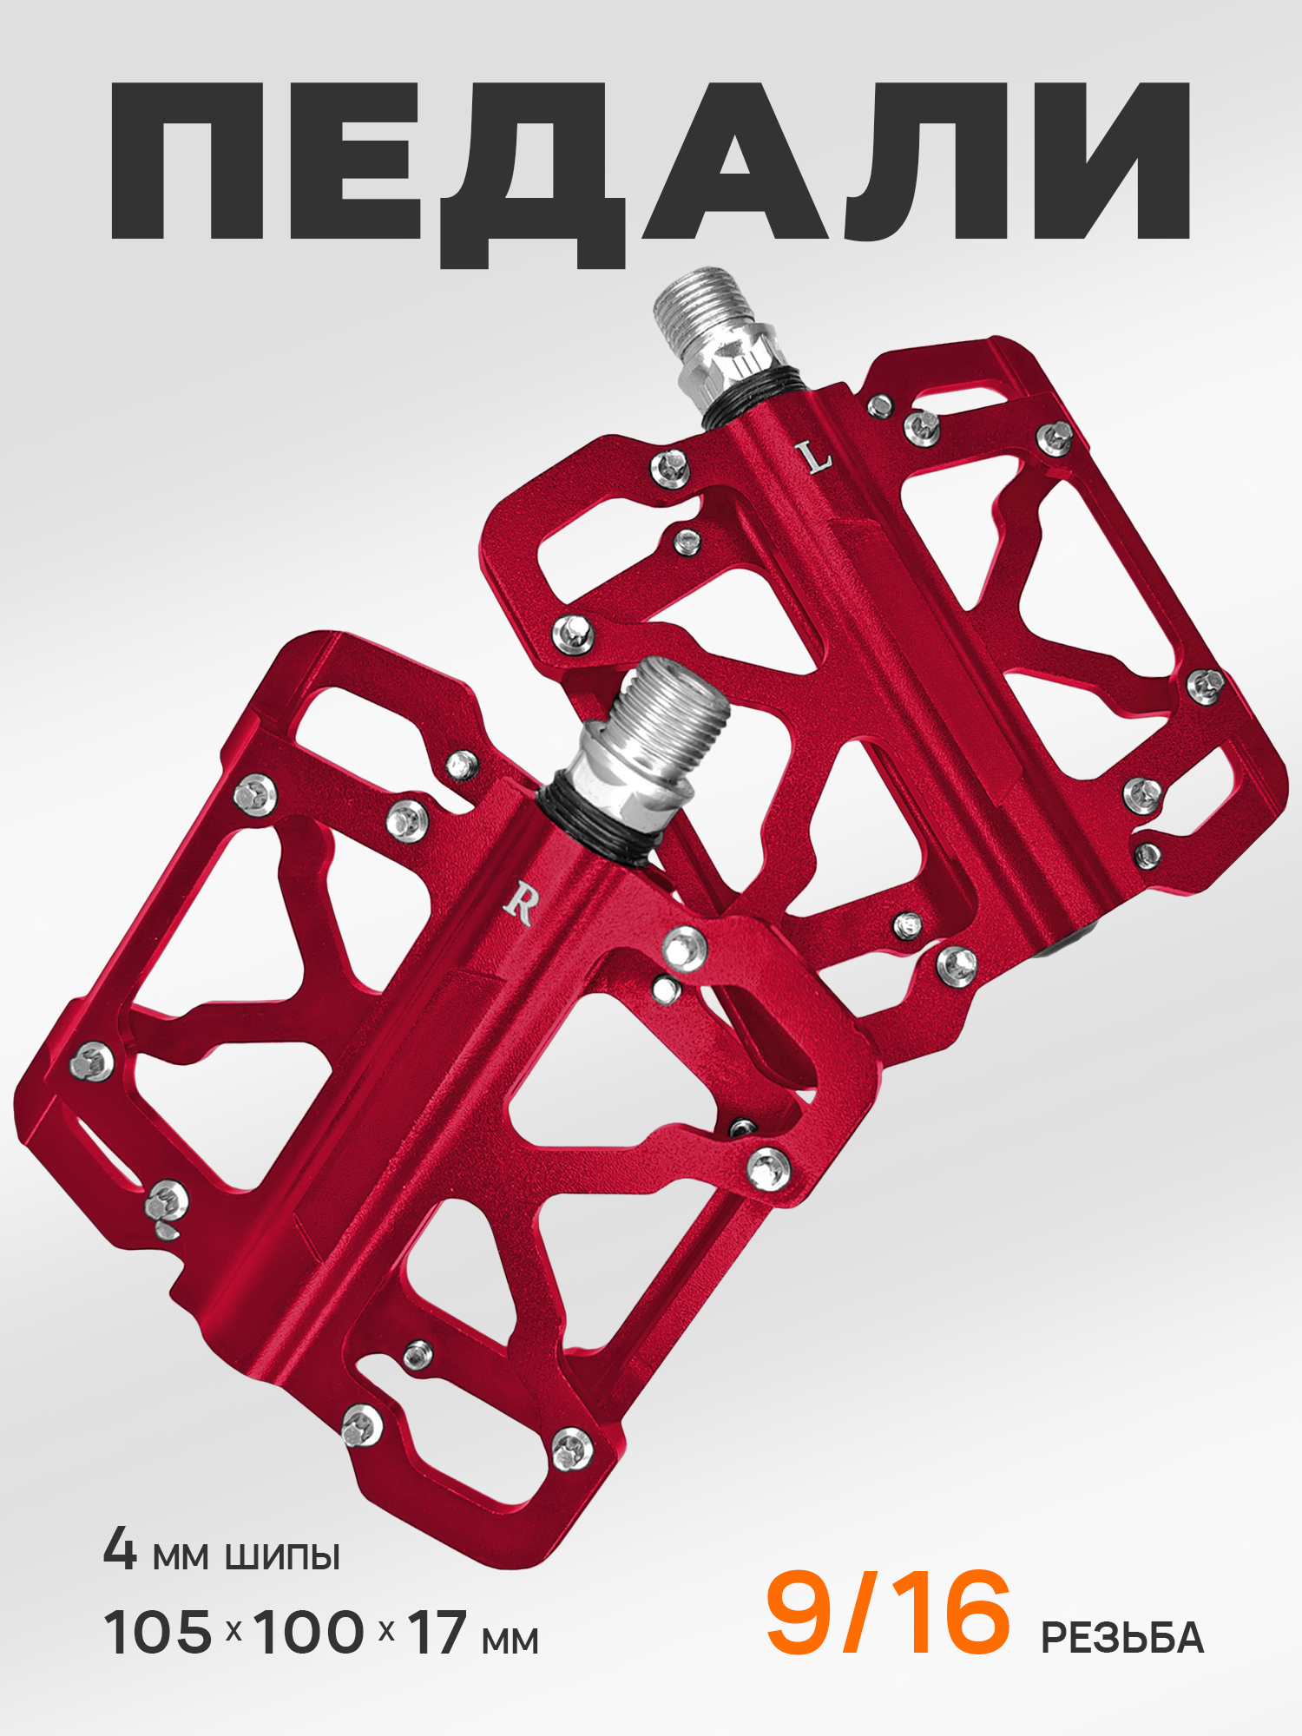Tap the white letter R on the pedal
point(520,904)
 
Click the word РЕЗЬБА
point(1122,1636)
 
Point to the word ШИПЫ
point(282,1556)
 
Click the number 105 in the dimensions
point(158,1632)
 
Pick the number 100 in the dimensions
point(309,1632)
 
